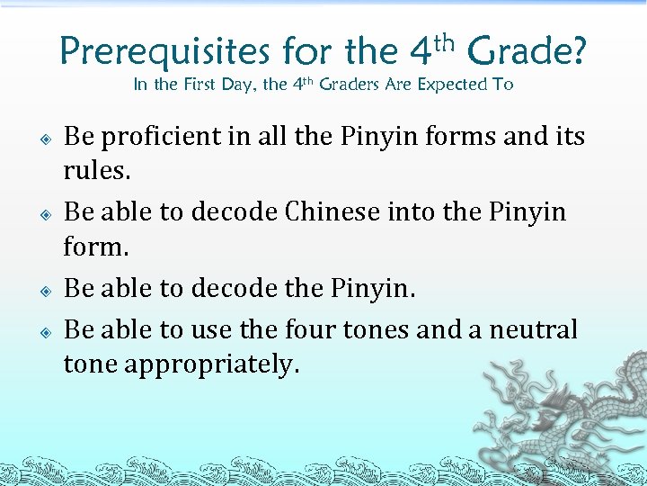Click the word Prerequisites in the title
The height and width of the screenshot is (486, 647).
point(164,52)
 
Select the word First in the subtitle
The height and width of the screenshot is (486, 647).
point(201,85)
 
